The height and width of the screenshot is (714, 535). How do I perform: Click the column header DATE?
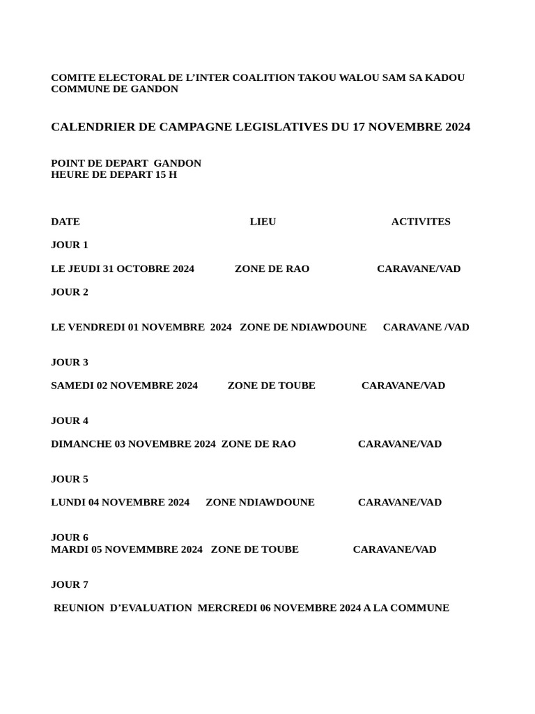[65, 222]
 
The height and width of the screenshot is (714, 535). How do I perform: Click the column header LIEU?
[263, 222]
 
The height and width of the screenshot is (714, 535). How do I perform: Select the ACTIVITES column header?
[421, 222]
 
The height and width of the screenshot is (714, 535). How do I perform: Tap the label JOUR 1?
[70, 245]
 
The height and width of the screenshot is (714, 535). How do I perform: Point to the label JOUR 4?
[70, 420]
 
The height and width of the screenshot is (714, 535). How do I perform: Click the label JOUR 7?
[70, 584]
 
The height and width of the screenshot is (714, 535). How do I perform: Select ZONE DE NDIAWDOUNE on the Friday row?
[303, 327]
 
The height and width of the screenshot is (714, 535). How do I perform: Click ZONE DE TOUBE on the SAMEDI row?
[271, 386]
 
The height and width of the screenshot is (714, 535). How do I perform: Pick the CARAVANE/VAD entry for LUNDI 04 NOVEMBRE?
[400, 502]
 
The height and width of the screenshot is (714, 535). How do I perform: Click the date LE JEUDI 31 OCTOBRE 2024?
[123, 268]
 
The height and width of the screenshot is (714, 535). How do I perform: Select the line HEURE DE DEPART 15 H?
[114, 174]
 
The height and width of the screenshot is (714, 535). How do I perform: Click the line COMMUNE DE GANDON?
[114, 89]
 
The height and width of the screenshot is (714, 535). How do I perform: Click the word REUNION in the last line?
[79, 608]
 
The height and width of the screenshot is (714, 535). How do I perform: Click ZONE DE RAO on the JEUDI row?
[272, 268]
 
